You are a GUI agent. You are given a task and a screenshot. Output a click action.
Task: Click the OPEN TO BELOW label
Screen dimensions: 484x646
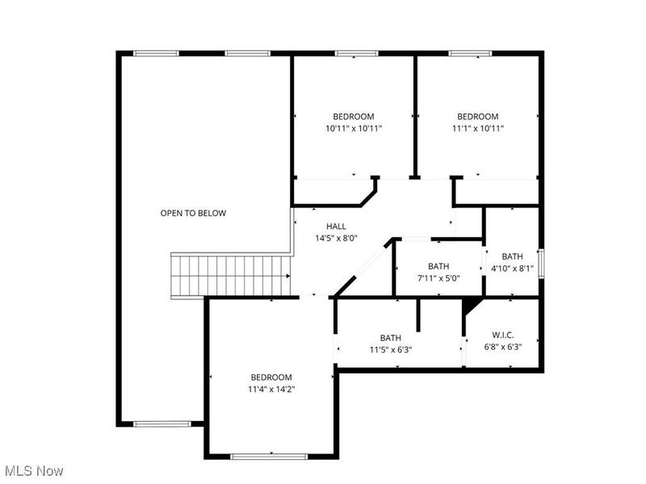pos(193,213)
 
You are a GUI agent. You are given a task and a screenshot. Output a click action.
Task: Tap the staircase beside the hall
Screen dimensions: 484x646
pos(229,275)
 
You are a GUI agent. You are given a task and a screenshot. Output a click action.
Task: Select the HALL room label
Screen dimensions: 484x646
pos(336,226)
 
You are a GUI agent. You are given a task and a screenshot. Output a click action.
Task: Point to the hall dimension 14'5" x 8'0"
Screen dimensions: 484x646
pos(336,238)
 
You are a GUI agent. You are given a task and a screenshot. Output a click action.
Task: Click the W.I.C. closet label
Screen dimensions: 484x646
pos(503,335)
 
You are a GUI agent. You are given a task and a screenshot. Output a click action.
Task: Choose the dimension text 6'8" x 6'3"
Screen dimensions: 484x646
pos(503,348)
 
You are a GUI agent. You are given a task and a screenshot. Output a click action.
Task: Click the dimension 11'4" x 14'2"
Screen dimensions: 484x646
pos(271,390)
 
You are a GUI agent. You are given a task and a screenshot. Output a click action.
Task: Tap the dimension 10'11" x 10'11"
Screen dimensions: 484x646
pos(354,128)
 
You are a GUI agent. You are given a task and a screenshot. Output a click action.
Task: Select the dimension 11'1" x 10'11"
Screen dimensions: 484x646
pos(477,128)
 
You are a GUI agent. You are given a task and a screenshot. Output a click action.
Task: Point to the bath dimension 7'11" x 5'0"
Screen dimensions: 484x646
pos(438,278)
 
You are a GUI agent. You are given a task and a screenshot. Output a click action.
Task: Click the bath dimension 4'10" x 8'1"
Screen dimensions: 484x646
pos(513,269)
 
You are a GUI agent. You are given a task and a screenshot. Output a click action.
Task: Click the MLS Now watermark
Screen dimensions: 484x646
pos(34,470)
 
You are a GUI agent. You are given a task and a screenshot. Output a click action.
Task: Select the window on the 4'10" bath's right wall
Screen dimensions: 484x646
pos(541,263)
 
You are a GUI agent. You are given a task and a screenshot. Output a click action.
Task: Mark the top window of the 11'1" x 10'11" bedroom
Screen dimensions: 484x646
pos(470,54)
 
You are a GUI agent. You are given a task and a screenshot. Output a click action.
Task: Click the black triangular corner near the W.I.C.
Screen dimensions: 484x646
pos(469,305)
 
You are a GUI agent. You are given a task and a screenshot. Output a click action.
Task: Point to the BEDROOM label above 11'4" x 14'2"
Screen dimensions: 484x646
pos(271,378)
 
